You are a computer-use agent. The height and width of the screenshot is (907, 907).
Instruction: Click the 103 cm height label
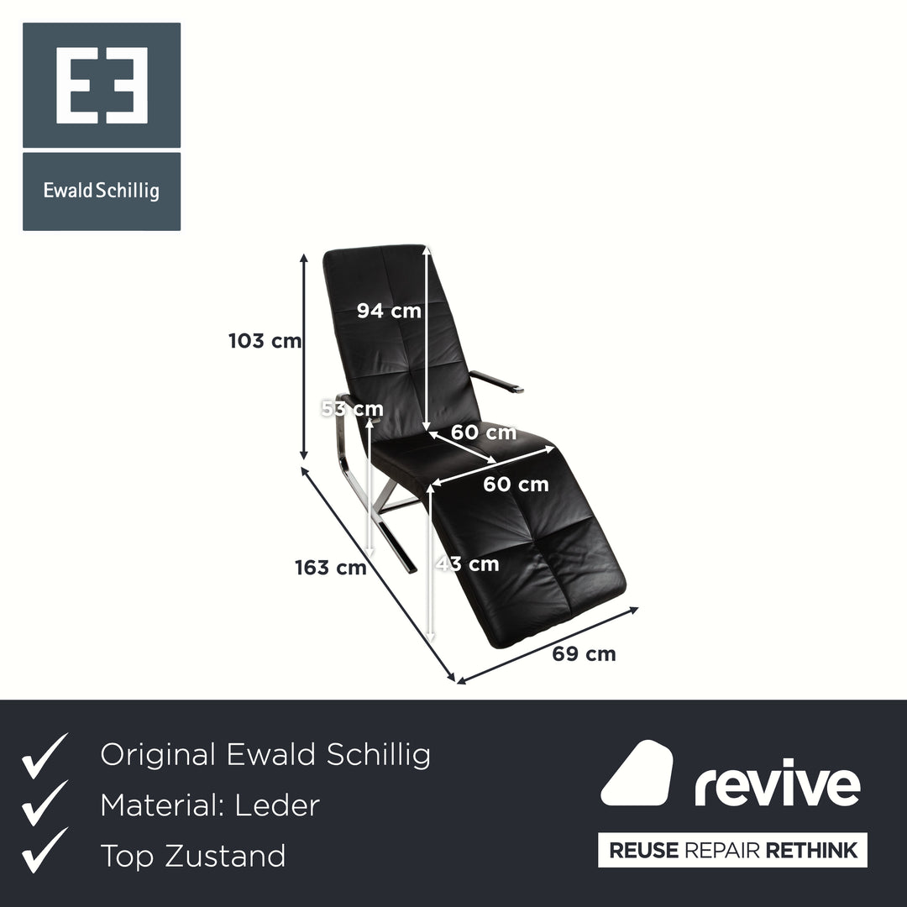click(265, 341)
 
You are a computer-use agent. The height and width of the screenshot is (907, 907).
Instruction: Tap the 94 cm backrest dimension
click(389, 311)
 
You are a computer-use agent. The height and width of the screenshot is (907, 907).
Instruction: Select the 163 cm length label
click(331, 568)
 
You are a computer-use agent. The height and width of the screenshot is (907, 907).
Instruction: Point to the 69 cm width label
click(584, 653)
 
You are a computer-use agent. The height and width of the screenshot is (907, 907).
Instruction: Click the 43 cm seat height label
click(468, 564)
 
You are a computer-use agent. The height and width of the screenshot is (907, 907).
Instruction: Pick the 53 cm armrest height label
click(352, 409)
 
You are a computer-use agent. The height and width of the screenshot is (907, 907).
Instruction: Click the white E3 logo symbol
click(102, 85)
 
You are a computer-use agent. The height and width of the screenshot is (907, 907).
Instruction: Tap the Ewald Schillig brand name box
click(102, 191)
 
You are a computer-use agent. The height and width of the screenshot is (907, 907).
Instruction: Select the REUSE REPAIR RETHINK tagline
click(733, 850)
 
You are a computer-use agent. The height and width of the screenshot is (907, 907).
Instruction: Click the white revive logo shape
click(637, 773)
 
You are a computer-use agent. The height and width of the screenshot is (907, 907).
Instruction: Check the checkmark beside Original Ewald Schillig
click(45, 756)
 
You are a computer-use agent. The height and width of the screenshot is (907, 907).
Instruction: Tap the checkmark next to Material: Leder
click(45, 803)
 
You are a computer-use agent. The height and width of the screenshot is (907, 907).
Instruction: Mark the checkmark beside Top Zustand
click(45, 850)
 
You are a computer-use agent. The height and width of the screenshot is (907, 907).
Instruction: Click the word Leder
click(277, 805)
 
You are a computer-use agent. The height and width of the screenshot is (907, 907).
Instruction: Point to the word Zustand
click(225, 856)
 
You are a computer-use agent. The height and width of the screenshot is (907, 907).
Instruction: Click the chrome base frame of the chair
click(376, 509)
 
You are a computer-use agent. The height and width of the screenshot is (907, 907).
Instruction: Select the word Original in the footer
click(157, 755)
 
